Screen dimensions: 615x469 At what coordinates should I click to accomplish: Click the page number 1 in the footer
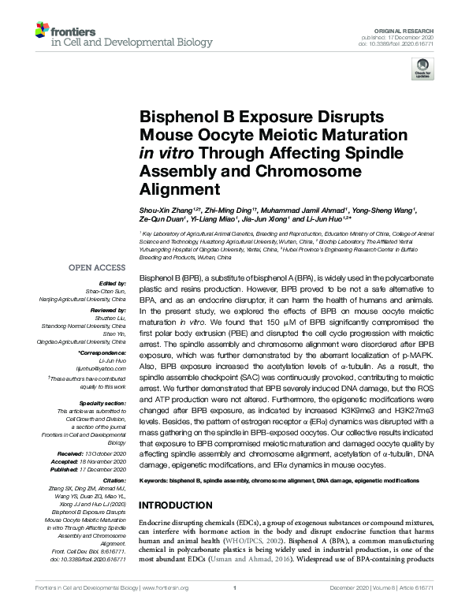pos(235,609)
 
